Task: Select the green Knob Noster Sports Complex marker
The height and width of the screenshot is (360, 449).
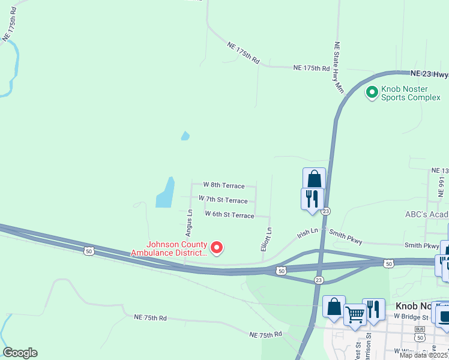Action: coord(372,92)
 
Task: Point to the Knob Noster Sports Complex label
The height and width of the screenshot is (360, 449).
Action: coord(411,92)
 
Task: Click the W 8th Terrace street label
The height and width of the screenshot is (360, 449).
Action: coord(224,185)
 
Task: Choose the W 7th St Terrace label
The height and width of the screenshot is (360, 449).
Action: coord(223,200)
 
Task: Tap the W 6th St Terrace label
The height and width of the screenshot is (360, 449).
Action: coord(229,214)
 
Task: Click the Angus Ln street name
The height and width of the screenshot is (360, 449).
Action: coord(189,221)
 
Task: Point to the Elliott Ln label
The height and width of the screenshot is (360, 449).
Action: coord(270,238)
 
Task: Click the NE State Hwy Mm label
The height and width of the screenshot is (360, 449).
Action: coord(339,67)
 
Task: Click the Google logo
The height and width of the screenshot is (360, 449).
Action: coord(20,353)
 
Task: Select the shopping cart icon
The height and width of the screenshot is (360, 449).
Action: coord(355,313)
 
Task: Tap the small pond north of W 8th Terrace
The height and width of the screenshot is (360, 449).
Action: coord(185,136)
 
